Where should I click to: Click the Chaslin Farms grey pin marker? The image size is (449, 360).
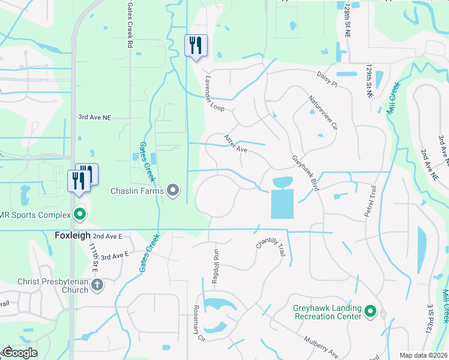coord(173,191)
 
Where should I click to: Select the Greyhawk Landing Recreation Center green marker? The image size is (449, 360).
coord(370,312)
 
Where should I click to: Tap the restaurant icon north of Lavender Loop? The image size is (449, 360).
coord(196,46)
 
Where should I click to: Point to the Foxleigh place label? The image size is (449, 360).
coord(73,236)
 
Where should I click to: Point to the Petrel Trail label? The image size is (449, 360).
coord(370,201)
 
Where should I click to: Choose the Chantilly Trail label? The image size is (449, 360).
coord(270,247)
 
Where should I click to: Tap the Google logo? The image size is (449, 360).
coord(19,353)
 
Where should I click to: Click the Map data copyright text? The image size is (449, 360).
coord(423,355)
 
